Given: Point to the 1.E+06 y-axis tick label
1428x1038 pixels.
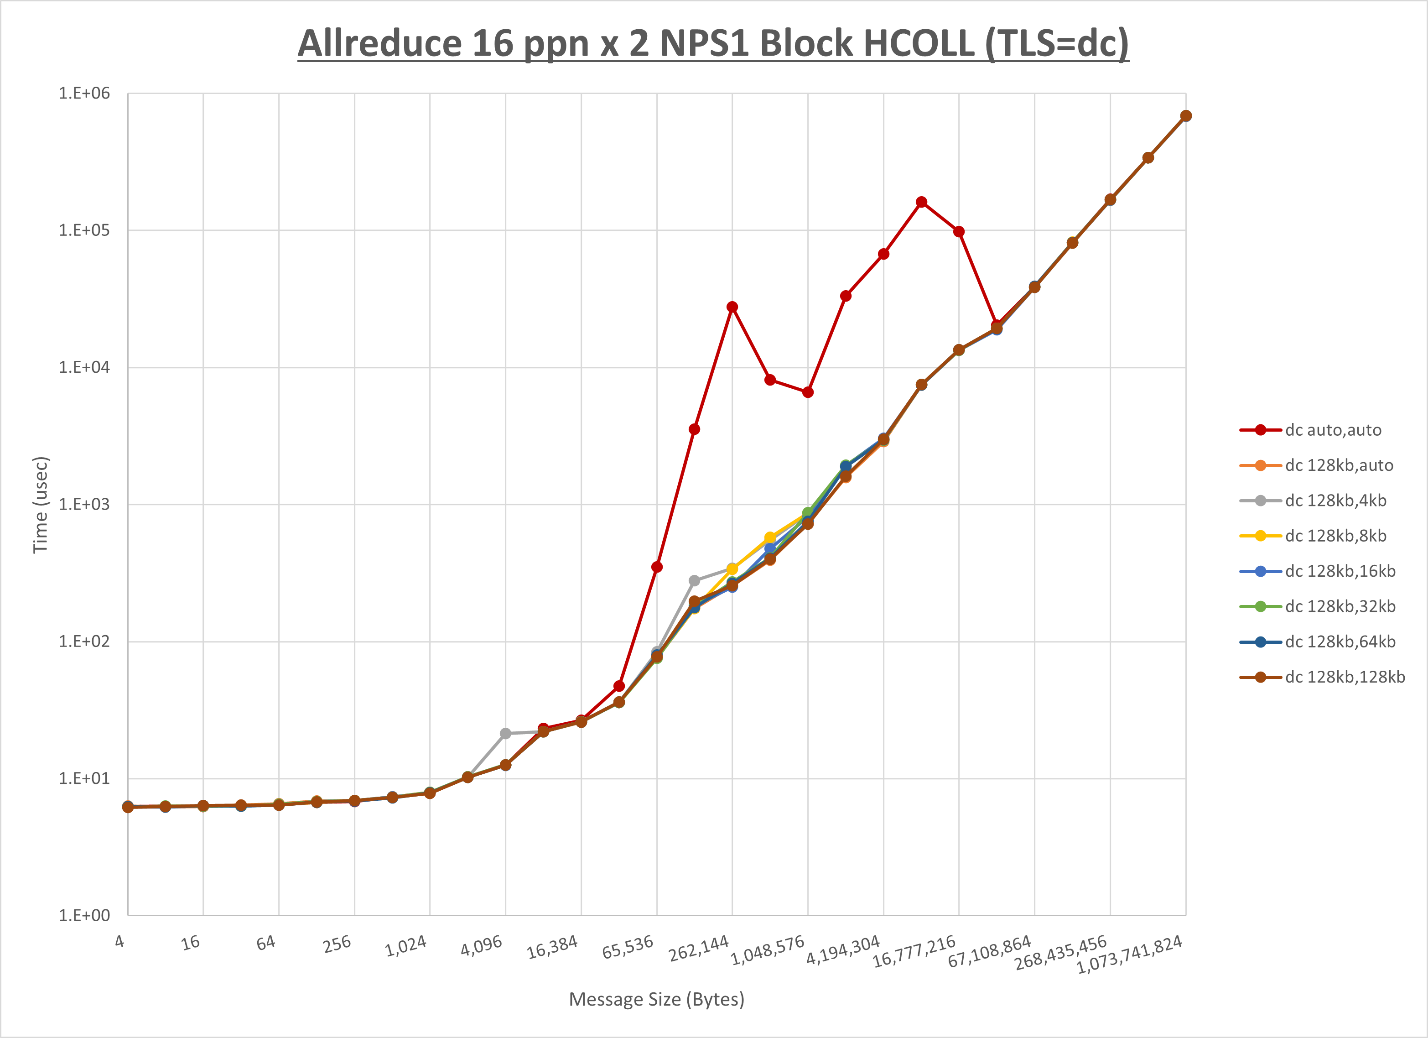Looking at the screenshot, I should (84, 93).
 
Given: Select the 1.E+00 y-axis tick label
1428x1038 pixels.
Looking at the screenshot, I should (84, 915).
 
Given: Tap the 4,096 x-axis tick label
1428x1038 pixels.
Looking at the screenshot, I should (482, 945).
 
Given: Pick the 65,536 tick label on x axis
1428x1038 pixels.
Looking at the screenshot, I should (628, 947).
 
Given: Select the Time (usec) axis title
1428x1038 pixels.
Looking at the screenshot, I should (40, 505).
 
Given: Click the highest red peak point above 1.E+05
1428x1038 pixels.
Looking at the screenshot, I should (921, 202).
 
